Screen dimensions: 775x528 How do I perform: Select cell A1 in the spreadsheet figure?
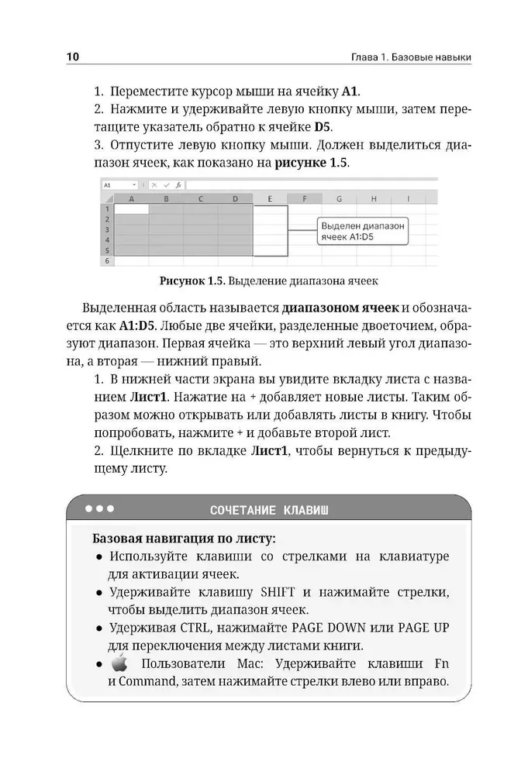(131, 208)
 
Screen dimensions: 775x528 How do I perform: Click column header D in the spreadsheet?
(235, 198)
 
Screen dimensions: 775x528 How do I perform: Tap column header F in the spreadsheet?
(305, 198)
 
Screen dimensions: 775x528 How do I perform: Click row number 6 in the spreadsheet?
(106, 262)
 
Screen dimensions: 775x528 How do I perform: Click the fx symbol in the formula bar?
(178, 186)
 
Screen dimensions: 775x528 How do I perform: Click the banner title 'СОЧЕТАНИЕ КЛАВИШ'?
(269, 510)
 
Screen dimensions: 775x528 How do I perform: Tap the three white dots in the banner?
(99, 509)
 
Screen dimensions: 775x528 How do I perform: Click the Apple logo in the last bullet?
(118, 663)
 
